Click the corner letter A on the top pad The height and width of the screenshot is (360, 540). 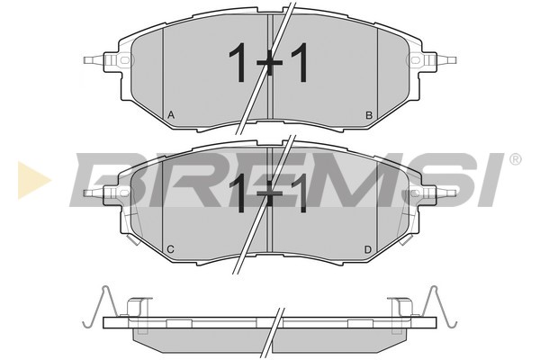tap(171, 114)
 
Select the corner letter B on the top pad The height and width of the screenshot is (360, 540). tap(368, 114)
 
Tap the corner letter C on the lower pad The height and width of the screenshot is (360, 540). tap(170, 249)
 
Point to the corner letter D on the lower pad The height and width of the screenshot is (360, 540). tap(368, 249)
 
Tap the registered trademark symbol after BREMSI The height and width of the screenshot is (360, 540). tap(514, 160)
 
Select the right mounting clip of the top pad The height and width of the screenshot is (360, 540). tap(437, 61)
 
